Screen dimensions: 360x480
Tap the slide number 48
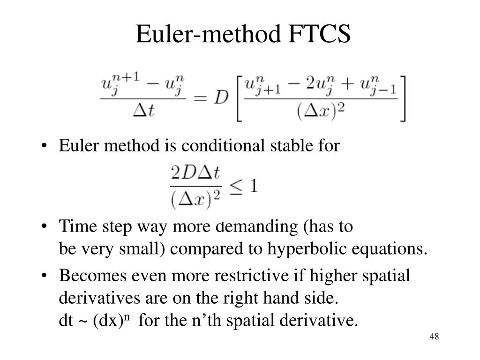[x=434, y=337]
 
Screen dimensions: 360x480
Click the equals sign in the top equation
[x=201, y=98]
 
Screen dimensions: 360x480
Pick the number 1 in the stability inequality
[x=253, y=187]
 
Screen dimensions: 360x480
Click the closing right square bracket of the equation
[x=403, y=98]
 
